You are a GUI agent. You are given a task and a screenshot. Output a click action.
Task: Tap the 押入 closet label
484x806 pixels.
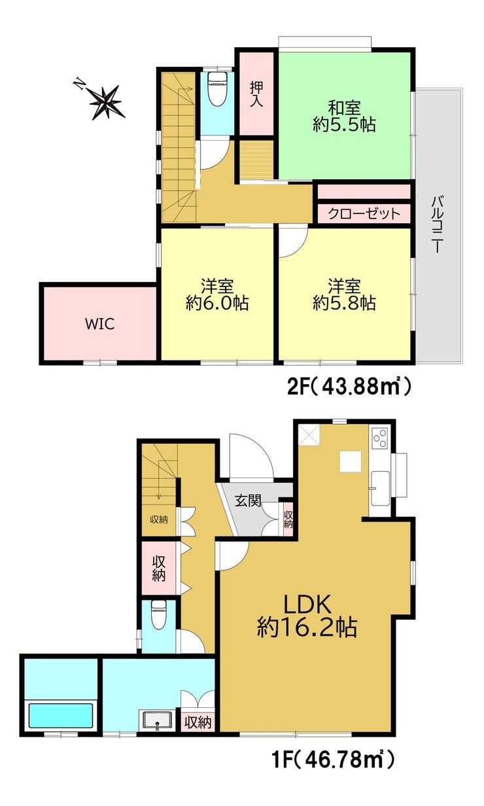[256, 94]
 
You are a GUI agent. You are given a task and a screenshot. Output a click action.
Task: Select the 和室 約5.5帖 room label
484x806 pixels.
[344, 116]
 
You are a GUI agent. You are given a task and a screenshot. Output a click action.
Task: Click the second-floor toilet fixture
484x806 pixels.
[216, 89]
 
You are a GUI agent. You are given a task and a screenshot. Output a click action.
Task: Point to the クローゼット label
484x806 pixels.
[364, 214]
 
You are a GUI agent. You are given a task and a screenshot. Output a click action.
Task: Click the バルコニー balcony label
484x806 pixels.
[437, 224]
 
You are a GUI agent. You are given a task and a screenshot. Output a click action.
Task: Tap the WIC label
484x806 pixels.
[99, 324]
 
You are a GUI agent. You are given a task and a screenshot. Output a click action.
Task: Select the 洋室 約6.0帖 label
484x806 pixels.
[217, 294]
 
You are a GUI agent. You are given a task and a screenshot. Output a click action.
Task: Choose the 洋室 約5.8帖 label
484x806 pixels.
[344, 294]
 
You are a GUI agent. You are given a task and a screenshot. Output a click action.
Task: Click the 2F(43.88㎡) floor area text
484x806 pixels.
[349, 387]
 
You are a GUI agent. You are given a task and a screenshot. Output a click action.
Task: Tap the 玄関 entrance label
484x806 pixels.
[248, 500]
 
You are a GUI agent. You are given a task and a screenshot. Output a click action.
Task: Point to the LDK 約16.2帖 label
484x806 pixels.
[307, 616]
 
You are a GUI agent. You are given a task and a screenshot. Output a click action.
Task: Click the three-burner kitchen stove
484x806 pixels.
[379, 438]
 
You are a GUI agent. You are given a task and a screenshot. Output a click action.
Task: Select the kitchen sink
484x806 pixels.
[380, 488]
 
